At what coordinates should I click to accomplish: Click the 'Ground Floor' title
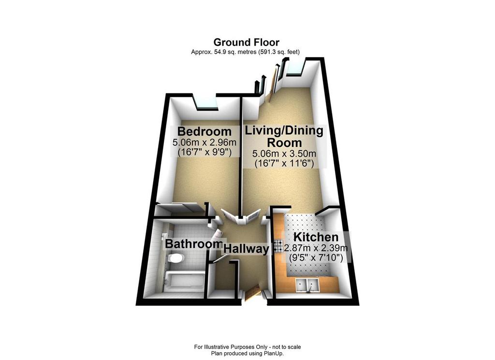point(247,42)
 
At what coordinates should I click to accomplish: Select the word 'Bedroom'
point(204,131)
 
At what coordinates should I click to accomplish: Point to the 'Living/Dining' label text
point(284,130)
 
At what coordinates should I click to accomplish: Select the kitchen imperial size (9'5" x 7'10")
point(316,259)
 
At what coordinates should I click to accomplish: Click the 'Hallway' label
point(246,249)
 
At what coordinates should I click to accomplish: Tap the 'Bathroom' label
point(193,244)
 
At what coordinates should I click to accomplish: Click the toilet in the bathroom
point(175,259)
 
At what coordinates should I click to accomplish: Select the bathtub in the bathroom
point(181,280)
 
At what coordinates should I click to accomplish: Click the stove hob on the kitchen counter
point(279,246)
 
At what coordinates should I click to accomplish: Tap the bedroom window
point(205,102)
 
